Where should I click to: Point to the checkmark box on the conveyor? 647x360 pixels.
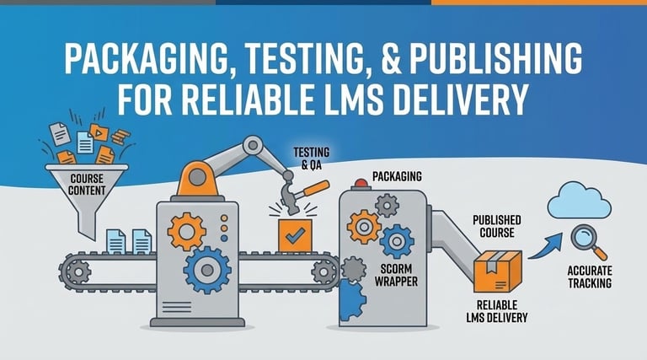click(x=295, y=237)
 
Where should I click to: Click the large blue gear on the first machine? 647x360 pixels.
click(x=206, y=269)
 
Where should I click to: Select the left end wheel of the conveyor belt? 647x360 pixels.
click(x=74, y=271)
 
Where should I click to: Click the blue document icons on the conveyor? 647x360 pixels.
click(x=129, y=242)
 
